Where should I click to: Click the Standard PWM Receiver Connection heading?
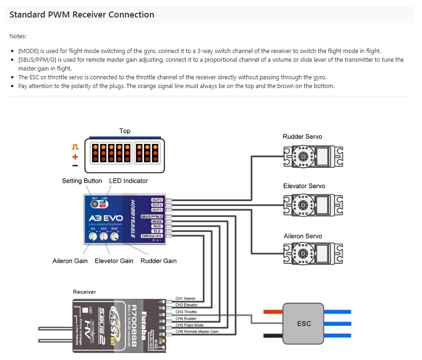click(x=82, y=14)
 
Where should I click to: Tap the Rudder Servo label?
click(x=302, y=136)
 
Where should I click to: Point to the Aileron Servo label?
click(x=303, y=236)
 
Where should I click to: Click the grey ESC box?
click(x=303, y=324)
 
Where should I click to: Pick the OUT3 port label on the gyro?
click(x=157, y=200)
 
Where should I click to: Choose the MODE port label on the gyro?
click(x=157, y=221)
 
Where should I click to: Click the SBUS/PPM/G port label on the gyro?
click(x=152, y=216)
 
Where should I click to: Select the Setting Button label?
click(x=82, y=181)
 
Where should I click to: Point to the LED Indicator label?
click(x=129, y=181)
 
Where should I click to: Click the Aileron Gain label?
click(x=70, y=261)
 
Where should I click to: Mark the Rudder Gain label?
click(x=159, y=261)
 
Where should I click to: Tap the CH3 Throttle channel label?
click(x=186, y=312)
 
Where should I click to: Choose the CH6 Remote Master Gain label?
click(x=197, y=331)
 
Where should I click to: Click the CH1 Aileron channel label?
click(x=186, y=299)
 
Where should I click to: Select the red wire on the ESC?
click(x=273, y=311)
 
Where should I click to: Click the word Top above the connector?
click(x=125, y=131)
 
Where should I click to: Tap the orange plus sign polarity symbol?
click(x=75, y=157)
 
